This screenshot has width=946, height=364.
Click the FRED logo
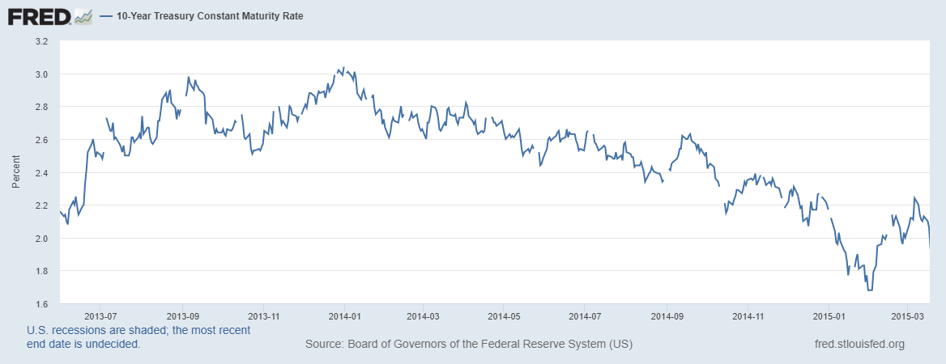click(x=39, y=15)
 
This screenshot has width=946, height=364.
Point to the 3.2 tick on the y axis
click(x=41, y=40)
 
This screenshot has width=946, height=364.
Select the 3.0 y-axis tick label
click(x=41, y=74)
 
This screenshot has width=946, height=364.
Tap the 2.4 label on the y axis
click(x=41, y=172)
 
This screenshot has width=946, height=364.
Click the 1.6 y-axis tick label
click(x=41, y=304)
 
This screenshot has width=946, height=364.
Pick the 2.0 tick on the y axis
click(x=41, y=238)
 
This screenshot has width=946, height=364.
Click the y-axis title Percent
click(x=16, y=172)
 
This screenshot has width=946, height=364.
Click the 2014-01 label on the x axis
click(x=344, y=315)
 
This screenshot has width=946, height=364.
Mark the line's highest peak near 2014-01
click(x=343, y=68)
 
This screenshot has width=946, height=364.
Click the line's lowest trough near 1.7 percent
click(x=871, y=290)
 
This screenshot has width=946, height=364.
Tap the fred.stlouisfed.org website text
click(x=859, y=345)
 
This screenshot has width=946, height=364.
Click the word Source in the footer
click(x=323, y=345)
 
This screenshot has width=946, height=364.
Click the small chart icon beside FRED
click(x=83, y=15)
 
